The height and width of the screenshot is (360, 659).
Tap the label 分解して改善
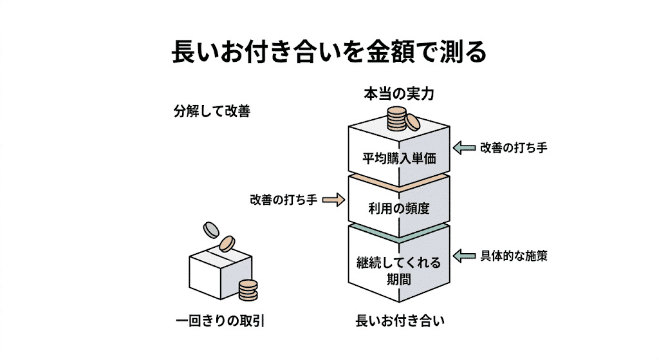point(211,110)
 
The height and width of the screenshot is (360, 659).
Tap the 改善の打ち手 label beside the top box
point(513,147)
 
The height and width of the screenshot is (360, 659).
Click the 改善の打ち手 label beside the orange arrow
point(283,200)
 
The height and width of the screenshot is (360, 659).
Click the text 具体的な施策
point(514,255)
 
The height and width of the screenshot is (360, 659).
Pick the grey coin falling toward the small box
point(210,229)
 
